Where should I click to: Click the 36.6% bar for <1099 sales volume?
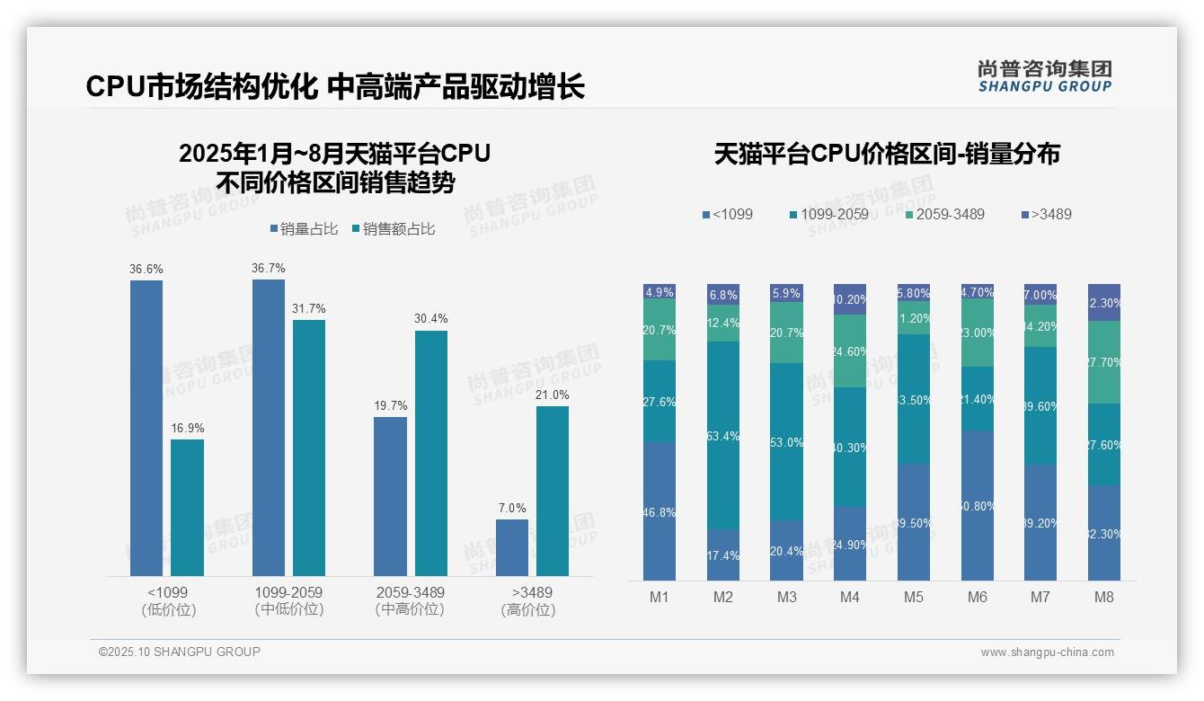pos(146,428)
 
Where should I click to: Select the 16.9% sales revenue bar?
pos(187,508)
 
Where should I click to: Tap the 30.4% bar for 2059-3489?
pos(431,453)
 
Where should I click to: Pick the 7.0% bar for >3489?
pos(512,547)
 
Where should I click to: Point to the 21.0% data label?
pos(552,395)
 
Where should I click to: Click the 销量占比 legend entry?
pos(304,229)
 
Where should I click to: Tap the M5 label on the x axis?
pos(914,597)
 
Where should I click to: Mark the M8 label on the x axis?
pos(1104,597)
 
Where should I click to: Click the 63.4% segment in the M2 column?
pos(723,436)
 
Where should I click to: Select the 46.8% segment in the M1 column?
pos(660,511)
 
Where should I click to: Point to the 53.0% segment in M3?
pos(786,442)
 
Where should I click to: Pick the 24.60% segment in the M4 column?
pos(850,351)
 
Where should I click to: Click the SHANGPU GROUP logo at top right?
pos(1044,75)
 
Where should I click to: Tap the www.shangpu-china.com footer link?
pos(1047,652)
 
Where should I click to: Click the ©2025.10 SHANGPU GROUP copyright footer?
pos(180,652)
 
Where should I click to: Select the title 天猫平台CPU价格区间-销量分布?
pos(887,155)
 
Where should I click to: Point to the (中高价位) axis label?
pos(410,609)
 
